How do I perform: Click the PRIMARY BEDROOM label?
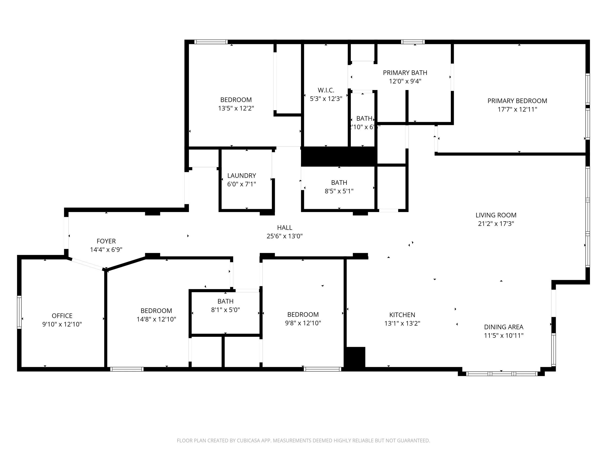coord(517,101)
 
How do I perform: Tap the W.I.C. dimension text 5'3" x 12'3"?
coord(326,99)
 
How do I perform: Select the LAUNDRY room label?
coord(242,176)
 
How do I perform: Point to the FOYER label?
coord(106,241)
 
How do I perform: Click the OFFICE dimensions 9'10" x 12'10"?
coord(62,324)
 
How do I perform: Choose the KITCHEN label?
coord(402,315)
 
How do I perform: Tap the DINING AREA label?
coord(504,327)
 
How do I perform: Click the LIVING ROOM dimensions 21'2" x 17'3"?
coord(496,224)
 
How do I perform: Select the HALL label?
coord(285,228)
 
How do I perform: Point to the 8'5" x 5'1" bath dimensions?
coord(339,191)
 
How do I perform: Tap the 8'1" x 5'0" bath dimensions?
coord(225,310)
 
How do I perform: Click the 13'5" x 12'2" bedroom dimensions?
coord(236,108)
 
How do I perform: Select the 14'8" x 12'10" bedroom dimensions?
coord(156,319)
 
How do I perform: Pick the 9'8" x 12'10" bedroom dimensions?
coord(303,323)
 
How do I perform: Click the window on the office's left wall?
coord(19,312)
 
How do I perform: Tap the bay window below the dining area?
coord(501,374)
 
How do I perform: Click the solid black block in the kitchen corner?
coord(356,357)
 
